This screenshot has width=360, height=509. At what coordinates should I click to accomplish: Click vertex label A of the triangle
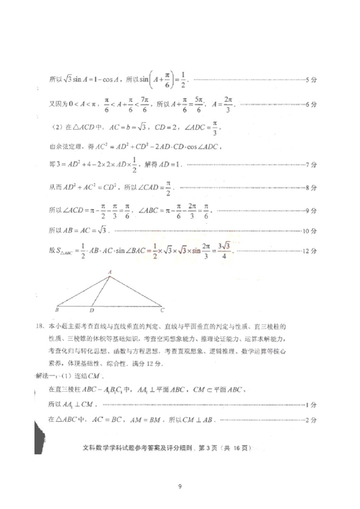click(110, 272)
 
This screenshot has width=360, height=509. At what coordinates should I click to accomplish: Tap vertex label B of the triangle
click(57, 310)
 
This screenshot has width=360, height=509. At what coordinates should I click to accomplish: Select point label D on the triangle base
click(92, 310)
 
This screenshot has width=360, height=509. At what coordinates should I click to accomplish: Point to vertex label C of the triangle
click(162, 310)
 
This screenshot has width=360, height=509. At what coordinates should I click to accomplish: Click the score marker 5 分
click(311, 80)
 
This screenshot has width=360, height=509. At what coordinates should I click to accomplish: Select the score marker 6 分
click(311, 104)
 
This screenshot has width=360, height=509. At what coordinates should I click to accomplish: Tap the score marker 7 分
click(311, 165)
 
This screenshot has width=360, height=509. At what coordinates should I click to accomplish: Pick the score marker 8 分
click(311, 188)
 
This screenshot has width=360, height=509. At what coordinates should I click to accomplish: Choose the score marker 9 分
click(311, 211)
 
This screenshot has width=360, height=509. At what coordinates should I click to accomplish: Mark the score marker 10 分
click(310, 231)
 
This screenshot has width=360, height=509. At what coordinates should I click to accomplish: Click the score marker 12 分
click(310, 251)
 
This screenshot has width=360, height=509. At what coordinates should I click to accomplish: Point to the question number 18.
click(40, 326)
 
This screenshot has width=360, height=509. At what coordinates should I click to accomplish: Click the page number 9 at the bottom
click(180, 486)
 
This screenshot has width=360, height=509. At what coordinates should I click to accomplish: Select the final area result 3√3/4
click(224, 251)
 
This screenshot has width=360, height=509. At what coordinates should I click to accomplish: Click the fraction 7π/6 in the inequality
click(144, 104)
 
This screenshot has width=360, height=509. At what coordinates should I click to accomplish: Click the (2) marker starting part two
click(58, 127)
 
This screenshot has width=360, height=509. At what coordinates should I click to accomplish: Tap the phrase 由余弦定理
click(65, 147)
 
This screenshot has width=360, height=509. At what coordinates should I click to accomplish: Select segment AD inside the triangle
click(101, 291)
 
